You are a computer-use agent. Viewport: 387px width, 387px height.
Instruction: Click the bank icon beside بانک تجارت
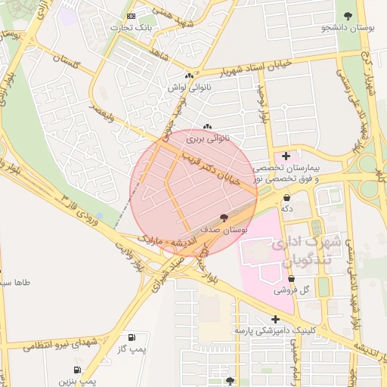(x=132, y=16)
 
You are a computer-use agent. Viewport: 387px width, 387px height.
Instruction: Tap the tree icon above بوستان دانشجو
(x=348, y=15)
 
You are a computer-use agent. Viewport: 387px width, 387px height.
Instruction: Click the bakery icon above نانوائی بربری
(x=208, y=126)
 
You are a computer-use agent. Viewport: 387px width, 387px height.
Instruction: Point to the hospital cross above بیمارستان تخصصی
(x=286, y=156)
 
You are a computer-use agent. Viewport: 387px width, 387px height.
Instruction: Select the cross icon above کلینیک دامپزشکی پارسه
(x=274, y=319)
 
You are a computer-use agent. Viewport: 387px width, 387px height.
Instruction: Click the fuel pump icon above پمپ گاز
(x=132, y=336)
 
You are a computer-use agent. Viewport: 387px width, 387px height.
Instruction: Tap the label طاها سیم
(x=16, y=283)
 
